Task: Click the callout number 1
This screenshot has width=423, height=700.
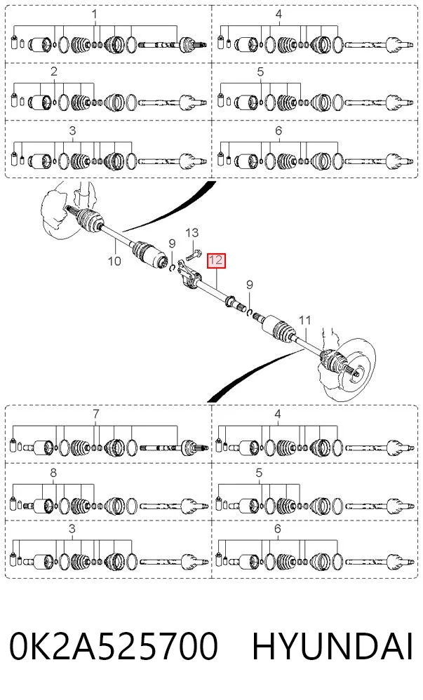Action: coord(94,15)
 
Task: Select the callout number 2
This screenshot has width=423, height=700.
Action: coord(53,72)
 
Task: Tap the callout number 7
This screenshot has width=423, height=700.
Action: coord(95,415)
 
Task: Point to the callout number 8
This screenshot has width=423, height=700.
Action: coord(53,472)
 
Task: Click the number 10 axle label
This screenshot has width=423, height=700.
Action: coord(114,260)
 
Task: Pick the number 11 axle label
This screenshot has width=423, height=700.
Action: coord(304,320)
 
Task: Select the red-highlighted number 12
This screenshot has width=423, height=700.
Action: coord(216,260)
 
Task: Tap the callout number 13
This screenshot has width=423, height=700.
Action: coord(192,233)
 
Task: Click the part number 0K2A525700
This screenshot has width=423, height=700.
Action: coord(114,646)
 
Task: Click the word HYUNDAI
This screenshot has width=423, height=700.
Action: coord(333,646)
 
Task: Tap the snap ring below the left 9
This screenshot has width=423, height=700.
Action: coord(172,267)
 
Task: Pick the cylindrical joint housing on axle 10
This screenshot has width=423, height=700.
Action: coord(159,259)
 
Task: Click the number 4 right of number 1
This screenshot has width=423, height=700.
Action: coord(278,15)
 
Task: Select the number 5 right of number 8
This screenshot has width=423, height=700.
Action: coord(260,472)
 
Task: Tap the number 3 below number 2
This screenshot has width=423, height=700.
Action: coord(72,130)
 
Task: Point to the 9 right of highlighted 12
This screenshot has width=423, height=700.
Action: coord(250,285)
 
